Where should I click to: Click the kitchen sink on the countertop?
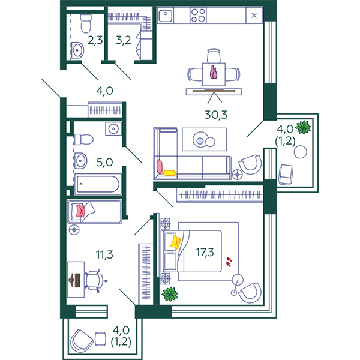coord(166,15)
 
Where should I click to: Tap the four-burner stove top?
coord(198,15)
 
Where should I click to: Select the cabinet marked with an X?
coord(254,16)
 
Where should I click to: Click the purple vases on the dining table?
coord(213,73)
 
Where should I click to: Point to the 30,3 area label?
coord(216,115)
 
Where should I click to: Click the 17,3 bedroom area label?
coord(205,253)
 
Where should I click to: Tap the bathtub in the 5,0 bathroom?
coord(98,184)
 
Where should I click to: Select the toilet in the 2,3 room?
coord(86,23)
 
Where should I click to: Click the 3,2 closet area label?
coord(124,40)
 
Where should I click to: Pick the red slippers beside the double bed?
coord(229,262)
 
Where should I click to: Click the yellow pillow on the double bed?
coord(175,242)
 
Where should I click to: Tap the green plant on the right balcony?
coord(303,127)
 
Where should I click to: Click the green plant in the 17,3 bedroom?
coord(170,294)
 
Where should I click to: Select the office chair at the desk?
coord(95,281)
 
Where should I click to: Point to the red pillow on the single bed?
coord(80,211)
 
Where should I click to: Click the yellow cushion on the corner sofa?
coord(169,173)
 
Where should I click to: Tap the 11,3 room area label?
coord(104,254)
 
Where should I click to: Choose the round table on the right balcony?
coord(301,152)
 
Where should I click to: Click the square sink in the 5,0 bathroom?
coord(113,129)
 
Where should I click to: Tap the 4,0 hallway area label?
coord(104,91)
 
